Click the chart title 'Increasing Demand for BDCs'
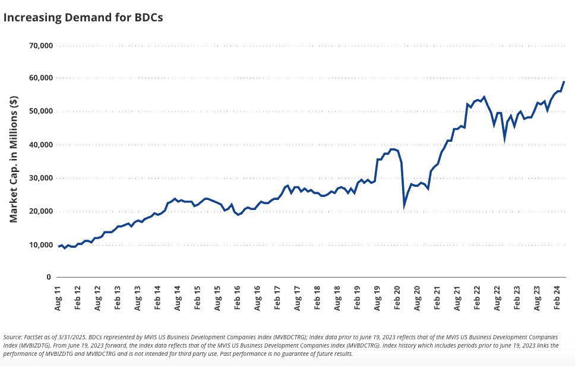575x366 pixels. pos(83,17)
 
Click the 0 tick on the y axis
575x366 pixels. pos(50,278)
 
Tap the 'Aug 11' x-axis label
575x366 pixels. pos(58,297)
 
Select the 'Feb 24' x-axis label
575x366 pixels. pos(558,297)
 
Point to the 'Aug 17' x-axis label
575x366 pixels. pos(277,297)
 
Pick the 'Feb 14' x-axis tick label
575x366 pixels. pos(158,297)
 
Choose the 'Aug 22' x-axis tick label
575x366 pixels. pos(498,297)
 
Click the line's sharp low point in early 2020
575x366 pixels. pos(405,206)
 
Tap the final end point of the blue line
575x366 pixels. pos(564,82)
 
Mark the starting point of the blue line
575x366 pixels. pos(58,246)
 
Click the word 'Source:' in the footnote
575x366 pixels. pos(14,337)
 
